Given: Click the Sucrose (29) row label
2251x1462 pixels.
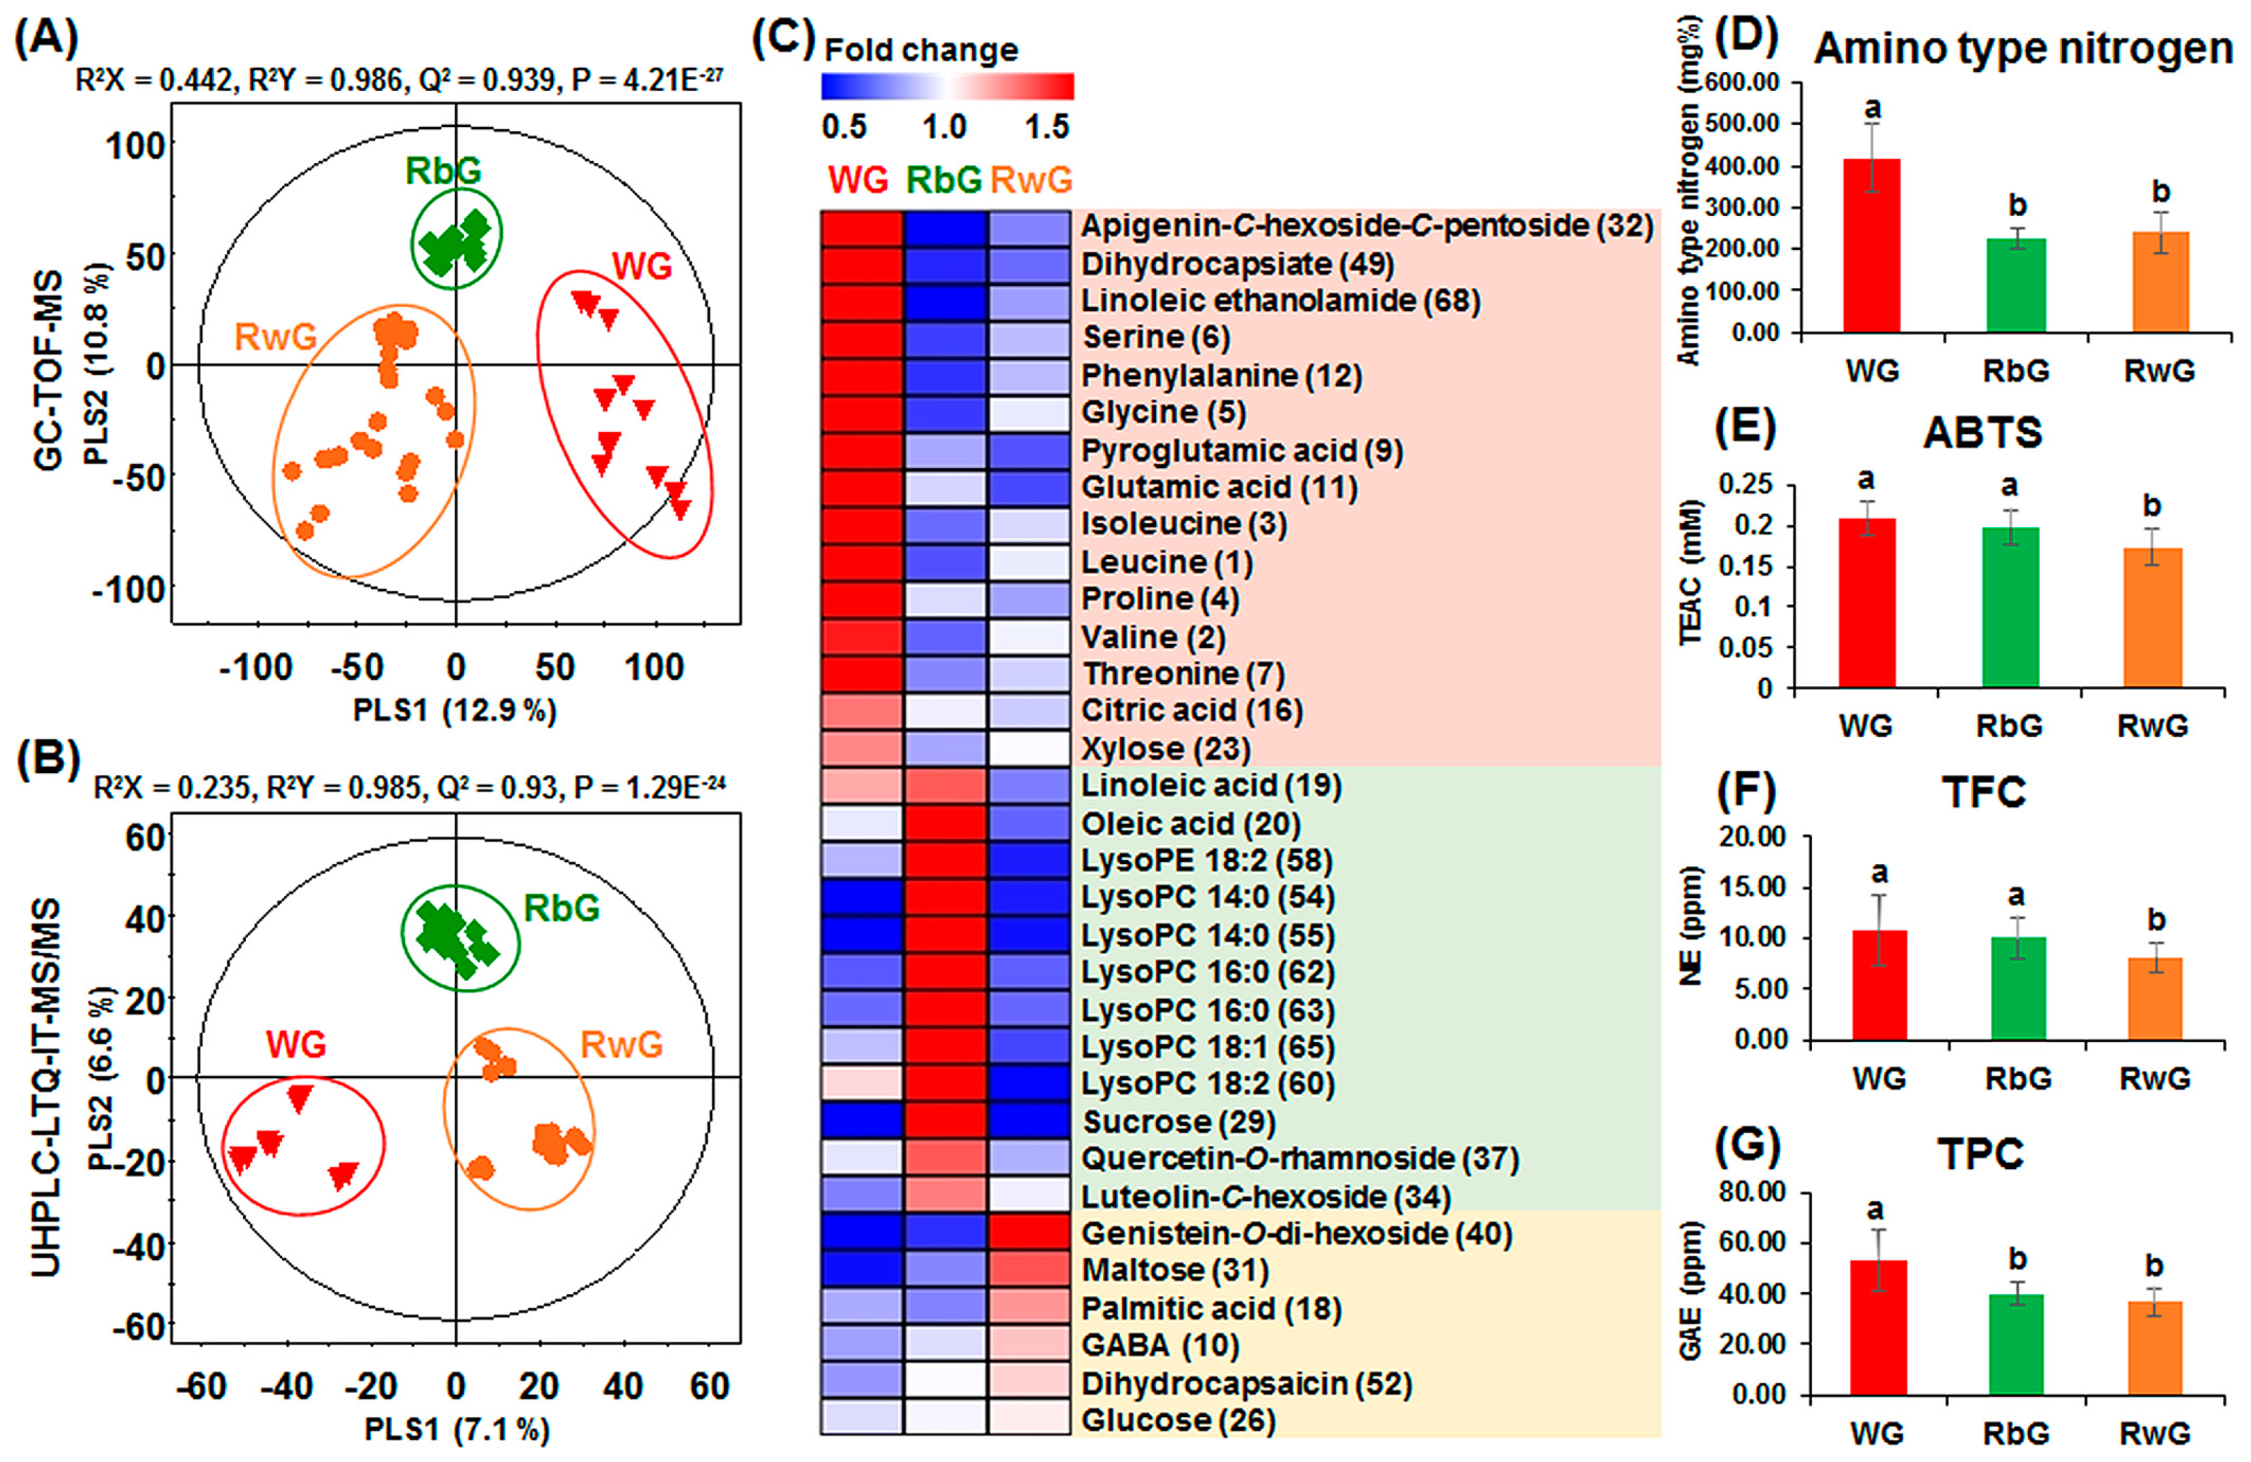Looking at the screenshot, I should (x=1179, y=1122).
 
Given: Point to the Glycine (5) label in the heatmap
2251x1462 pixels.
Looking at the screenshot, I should (x=1164, y=412).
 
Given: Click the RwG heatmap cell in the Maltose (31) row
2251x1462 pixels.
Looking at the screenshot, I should (x=1029, y=1270).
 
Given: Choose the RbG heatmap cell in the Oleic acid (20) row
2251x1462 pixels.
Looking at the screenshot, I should (x=945, y=823).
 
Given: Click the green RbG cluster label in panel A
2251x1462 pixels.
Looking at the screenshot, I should (x=442, y=171).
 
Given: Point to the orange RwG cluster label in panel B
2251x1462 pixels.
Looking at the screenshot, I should (x=621, y=1045).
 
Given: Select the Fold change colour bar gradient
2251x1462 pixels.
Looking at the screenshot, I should (x=947, y=87).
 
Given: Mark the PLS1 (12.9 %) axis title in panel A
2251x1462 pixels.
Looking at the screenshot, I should (x=455, y=710).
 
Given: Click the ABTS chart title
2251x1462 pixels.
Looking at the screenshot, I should (x=1983, y=433).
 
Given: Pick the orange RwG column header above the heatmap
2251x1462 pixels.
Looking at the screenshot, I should (x=1031, y=179).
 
